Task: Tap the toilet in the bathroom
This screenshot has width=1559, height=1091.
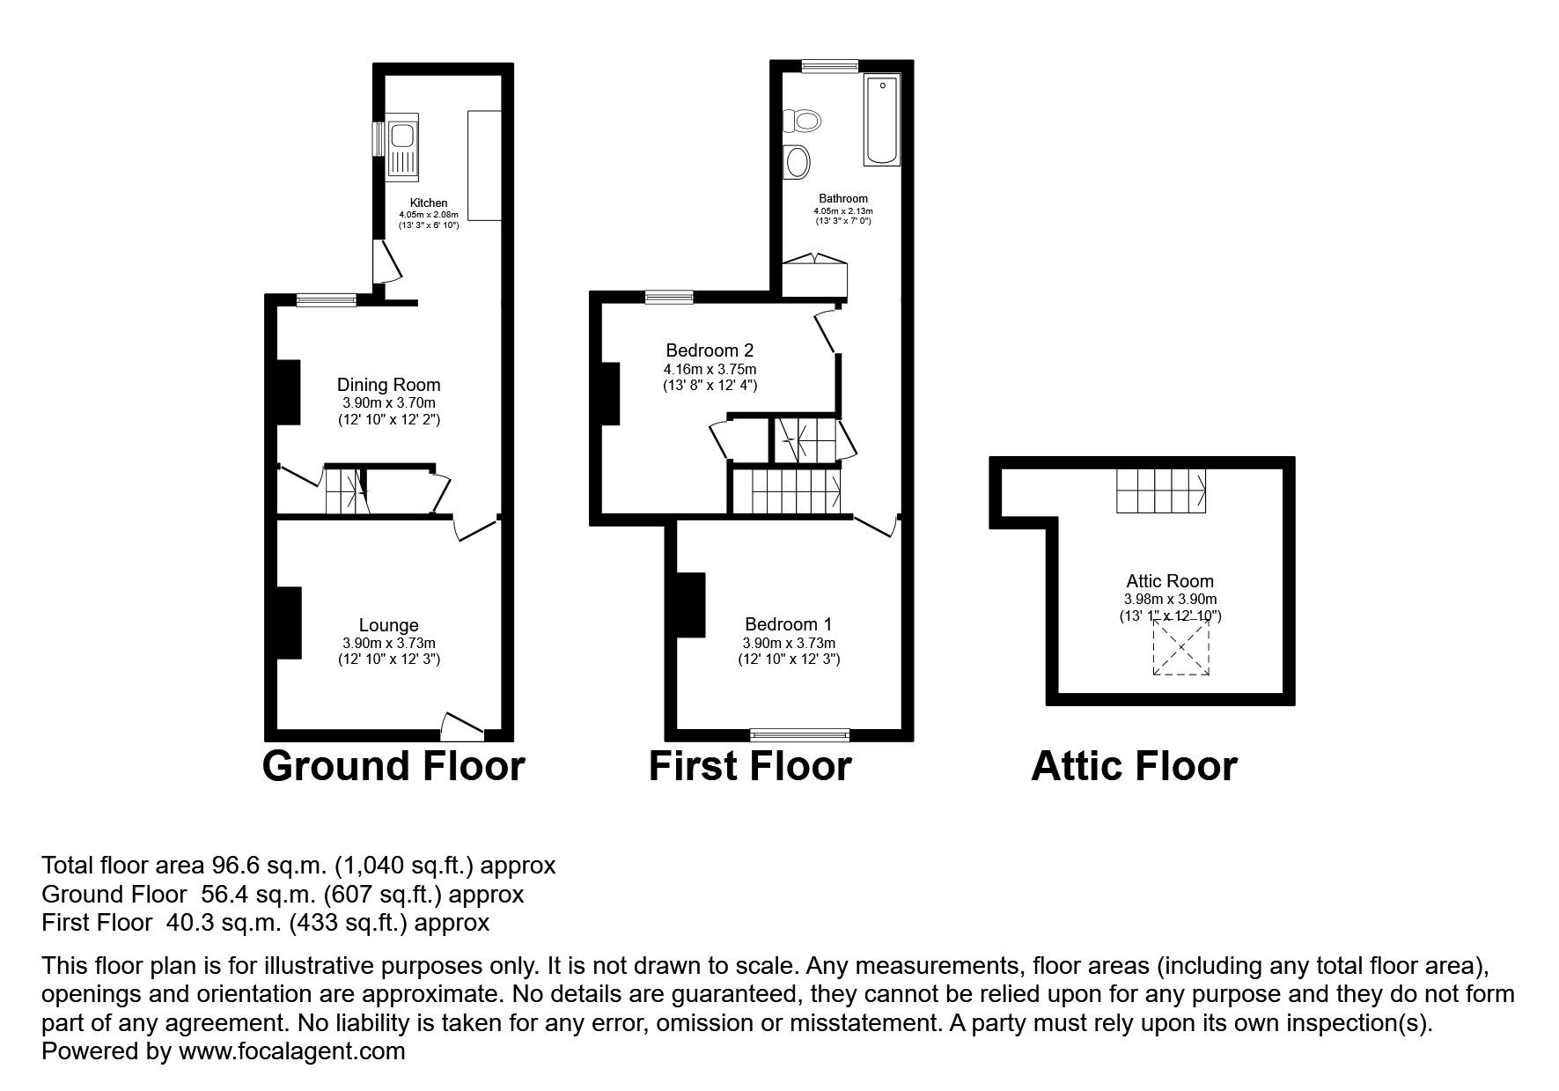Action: tap(801, 119)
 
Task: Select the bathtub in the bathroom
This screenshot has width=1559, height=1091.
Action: tap(882, 120)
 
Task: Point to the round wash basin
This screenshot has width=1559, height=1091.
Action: tap(798, 161)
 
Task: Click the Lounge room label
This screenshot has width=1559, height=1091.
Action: tap(388, 625)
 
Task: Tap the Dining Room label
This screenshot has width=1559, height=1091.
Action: tap(388, 385)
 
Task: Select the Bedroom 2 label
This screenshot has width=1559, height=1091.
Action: tap(710, 350)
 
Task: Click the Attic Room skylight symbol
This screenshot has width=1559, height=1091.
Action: tap(1181, 647)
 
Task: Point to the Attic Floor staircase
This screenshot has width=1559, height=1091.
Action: tap(1161, 490)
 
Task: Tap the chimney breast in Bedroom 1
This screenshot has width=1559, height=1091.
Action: tap(692, 604)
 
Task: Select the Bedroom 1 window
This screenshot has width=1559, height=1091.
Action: tap(799, 733)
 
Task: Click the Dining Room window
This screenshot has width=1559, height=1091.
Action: tap(327, 300)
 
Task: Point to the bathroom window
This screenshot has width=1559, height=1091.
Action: tap(829, 65)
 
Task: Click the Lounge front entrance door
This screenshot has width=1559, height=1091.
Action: tap(462, 726)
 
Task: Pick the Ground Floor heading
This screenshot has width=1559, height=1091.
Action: tap(393, 766)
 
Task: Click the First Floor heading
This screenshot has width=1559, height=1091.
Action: tap(750, 766)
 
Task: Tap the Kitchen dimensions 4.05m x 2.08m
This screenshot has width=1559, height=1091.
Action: tap(429, 214)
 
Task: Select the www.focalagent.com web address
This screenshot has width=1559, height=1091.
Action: tap(292, 1051)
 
